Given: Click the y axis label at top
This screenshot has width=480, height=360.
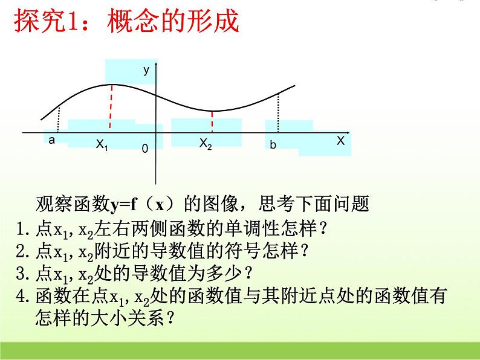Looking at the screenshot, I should pyautogui.click(x=146, y=71).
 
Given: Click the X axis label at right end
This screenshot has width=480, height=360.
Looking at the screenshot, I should pyautogui.click(x=340, y=140).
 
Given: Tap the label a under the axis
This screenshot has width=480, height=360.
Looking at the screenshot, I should pyautogui.click(x=51, y=141).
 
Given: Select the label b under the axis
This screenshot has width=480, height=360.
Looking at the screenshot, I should pyautogui.click(x=273, y=145).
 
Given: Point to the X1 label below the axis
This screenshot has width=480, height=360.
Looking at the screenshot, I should pyautogui.click(x=102, y=144).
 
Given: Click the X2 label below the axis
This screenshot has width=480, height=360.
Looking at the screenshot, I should pyautogui.click(x=206, y=143).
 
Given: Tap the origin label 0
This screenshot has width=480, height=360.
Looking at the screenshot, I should pyautogui.click(x=144, y=148).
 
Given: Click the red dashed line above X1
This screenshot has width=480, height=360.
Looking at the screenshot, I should pyautogui.click(x=110, y=107).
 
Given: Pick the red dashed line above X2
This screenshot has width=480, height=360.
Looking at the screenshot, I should pyautogui.click(x=212, y=121).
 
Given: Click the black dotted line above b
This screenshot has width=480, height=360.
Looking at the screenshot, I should pyautogui.click(x=277, y=112).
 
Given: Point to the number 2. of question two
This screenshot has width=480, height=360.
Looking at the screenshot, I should pyautogui.click(x=23, y=248).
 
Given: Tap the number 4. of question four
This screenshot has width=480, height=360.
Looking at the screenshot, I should pyautogui.click(x=23, y=295).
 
